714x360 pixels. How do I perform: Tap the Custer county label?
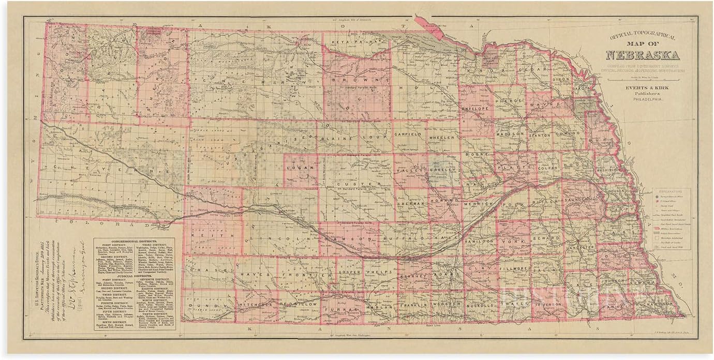(x=351, y=184)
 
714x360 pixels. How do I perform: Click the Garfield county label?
(x=409, y=133)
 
